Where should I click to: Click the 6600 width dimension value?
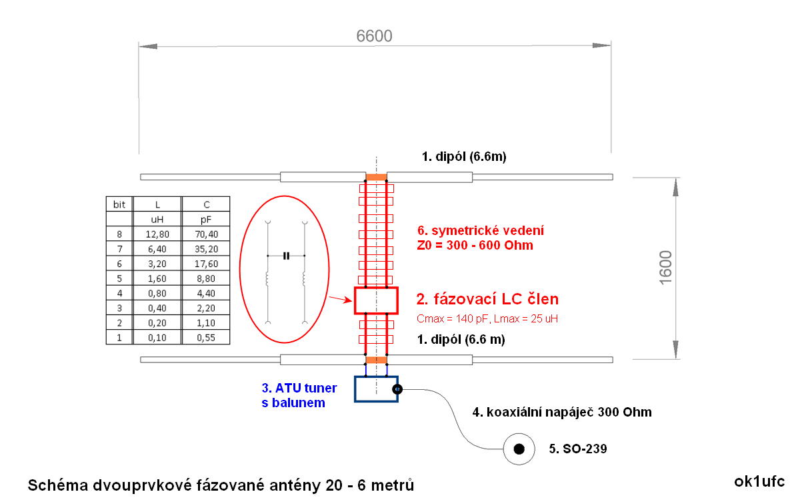click(x=375, y=36)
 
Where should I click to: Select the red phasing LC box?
click(x=376, y=300)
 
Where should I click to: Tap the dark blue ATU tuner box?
click(x=376, y=389)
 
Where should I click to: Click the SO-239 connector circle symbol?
click(x=519, y=449)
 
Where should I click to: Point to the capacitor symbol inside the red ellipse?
click(x=287, y=256)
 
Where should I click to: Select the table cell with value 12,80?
click(x=158, y=234)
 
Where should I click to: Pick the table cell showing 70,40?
click(x=206, y=234)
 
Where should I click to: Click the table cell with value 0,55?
click(x=206, y=337)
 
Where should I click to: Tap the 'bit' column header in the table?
click(x=119, y=204)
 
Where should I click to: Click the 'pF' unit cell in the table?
click(x=206, y=219)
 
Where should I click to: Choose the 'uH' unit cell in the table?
click(x=158, y=219)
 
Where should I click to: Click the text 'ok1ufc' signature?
click(x=759, y=481)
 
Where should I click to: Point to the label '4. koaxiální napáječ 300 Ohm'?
click(x=562, y=412)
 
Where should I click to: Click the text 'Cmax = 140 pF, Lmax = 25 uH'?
click(x=487, y=319)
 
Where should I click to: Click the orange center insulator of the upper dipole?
click(x=376, y=177)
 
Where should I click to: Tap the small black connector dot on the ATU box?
click(x=397, y=389)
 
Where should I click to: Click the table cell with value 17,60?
click(x=206, y=264)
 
